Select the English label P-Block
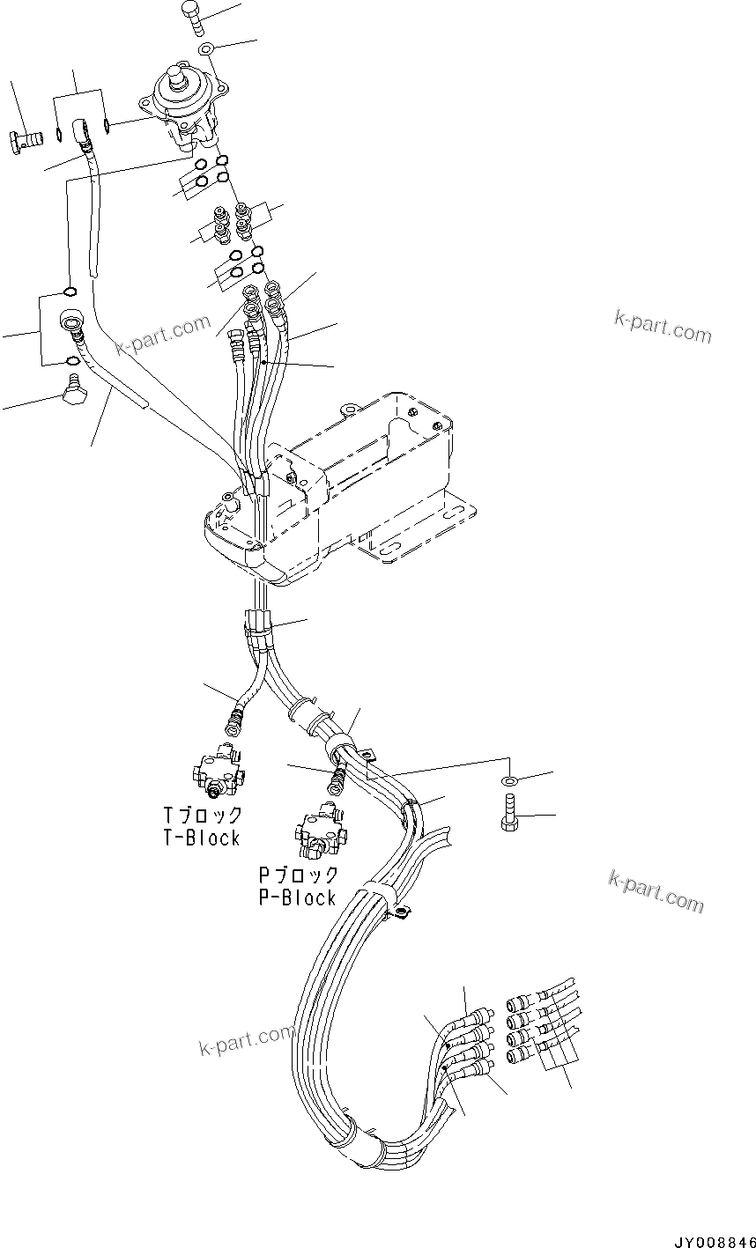pyautogui.click(x=297, y=897)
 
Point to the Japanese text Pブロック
pyautogui.click(x=298, y=875)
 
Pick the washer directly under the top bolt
pyautogui.click(x=205, y=48)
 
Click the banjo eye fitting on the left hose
pyautogui.click(x=70, y=326)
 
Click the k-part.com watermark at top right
pyautogui.click(x=662, y=328)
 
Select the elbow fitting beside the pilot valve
pyautogui.click(x=83, y=132)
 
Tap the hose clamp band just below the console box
pyautogui.click(x=257, y=626)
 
